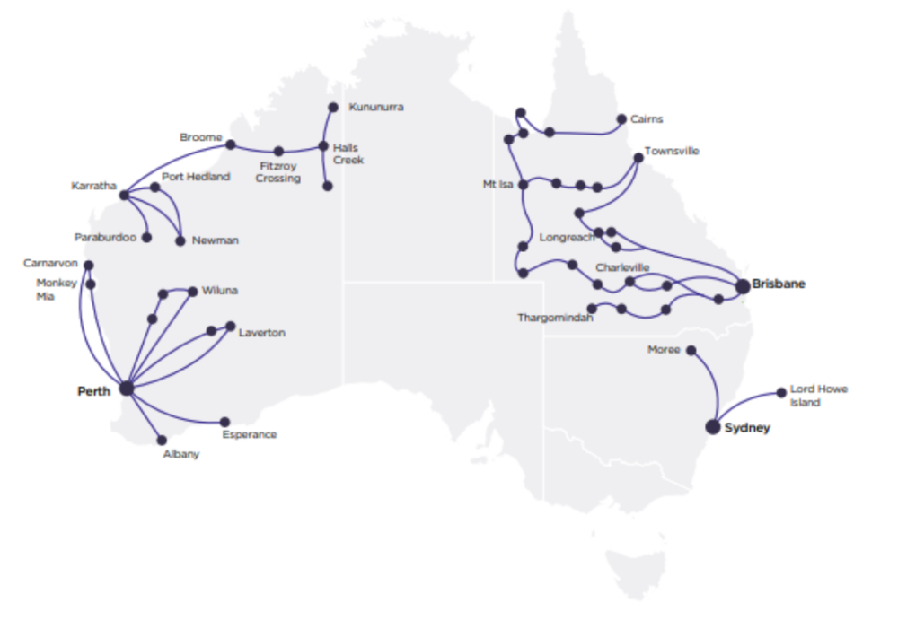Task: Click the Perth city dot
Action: coord(127,389)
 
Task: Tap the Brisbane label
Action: coord(779,284)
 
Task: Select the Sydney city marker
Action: coord(714,427)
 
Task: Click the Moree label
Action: coord(664,350)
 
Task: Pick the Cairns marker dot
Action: coord(621,118)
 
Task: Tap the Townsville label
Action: coord(672,151)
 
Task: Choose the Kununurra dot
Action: coord(333,107)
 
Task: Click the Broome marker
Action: coord(231,144)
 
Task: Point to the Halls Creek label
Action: coord(348,153)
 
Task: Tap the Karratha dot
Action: coord(124,195)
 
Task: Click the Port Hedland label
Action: coord(196,177)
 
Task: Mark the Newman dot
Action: coord(181,240)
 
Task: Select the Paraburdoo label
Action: coord(106,239)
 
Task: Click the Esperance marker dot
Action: coord(224,422)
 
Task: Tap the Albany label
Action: coord(181,455)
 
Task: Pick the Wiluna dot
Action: coord(193,291)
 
